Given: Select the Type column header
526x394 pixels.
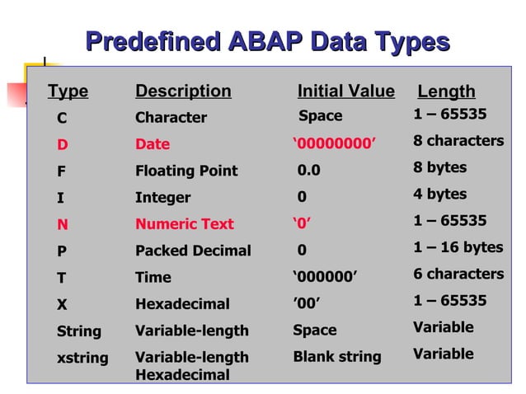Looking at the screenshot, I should coord(68,91).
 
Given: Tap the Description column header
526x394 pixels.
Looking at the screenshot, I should coord(183,91).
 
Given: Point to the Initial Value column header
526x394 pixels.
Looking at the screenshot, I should coord(345,91).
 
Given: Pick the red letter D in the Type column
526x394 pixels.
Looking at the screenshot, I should coord(62,144).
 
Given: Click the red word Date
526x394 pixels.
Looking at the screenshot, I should coord(153,144).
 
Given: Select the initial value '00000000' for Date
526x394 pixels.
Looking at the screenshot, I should coord(334,144).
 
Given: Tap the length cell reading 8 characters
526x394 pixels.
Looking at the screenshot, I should coord(458,141).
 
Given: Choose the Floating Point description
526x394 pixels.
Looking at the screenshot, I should coord(186,171).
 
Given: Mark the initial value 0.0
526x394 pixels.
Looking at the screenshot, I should coord(309,171).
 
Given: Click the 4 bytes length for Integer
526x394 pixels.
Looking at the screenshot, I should coord(439,195).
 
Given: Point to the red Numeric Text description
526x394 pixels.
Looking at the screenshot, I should coord(185,224).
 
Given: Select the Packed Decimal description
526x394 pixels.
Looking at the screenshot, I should coord(193,251).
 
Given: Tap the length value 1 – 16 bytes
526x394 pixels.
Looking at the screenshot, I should coord(458,247).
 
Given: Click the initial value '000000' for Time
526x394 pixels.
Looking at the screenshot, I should coord(326,277).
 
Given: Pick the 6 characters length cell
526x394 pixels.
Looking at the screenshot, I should coord(458,274).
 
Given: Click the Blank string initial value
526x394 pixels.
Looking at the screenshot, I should coord(337,357).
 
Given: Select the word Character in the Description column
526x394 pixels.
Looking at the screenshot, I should coord(171,118).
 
